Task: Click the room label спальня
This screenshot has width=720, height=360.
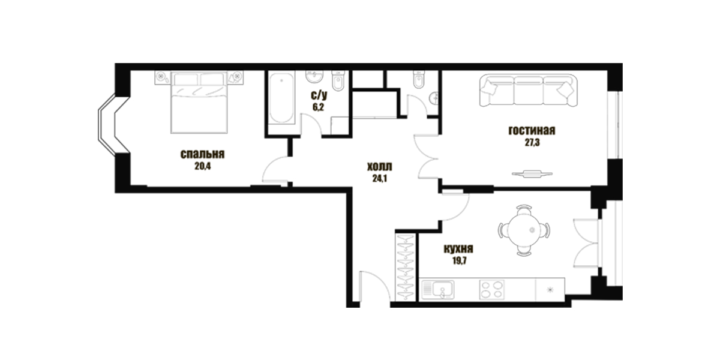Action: tap(202, 155)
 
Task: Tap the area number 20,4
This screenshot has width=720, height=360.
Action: tap(203, 167)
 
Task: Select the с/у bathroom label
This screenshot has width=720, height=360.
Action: tap(319, 95)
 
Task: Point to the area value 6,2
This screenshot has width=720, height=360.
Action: tap(318, 107)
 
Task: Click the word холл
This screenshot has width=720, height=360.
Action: tap(380, 167)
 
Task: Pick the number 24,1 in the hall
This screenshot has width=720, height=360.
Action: tap(380, 178)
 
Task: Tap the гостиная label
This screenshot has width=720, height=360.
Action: tap(532, 131)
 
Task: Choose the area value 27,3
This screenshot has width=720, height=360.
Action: tap(532, 143)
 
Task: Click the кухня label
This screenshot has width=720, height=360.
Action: tap(458, 249)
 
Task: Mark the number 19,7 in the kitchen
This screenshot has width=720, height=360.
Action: tap(460, 260)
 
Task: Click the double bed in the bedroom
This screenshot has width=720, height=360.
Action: tap(199, 102)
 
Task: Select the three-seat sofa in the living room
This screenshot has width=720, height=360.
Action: tap(528, 91)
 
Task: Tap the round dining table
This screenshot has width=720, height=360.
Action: tap(524, 230)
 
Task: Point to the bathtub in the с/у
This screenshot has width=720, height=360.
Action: tap(281, 98)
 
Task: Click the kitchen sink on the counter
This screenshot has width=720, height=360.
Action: tap(438, 290)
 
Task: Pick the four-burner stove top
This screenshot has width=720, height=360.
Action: tap(492, 290)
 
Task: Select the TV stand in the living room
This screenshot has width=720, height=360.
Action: tap(532, 174)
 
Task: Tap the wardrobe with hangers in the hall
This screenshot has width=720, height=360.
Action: tap(406, 268)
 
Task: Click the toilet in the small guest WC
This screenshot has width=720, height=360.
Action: tap(419, 80)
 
